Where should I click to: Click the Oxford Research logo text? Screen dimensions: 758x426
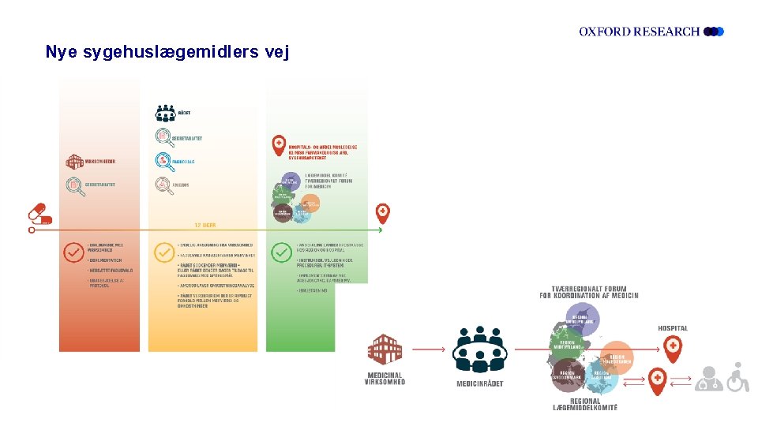pos(640,32)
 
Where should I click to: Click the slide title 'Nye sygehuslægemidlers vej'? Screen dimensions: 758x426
pos(167,52)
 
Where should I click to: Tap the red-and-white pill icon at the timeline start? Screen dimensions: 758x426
pos(40,214)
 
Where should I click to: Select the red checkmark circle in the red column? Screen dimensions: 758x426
pos(73,252)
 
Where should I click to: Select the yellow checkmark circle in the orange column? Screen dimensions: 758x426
pos(163,252)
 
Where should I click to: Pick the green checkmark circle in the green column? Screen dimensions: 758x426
pos(281,252)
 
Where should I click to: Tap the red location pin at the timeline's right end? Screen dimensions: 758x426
pos(382,212)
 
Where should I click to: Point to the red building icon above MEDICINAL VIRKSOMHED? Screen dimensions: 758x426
pos(385,349)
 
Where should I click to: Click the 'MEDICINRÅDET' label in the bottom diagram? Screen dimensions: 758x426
pos(479,383)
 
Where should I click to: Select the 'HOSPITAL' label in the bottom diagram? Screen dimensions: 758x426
pos(673,328)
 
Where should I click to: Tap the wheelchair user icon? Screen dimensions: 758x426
pos(737,378)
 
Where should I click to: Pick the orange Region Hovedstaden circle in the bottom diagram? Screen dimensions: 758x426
pos(617,357)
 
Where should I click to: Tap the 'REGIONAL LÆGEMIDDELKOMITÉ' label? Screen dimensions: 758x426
pos(584,404)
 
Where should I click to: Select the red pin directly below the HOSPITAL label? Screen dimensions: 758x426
pos(673,348)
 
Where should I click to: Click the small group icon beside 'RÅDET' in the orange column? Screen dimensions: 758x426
pos(165,113)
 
